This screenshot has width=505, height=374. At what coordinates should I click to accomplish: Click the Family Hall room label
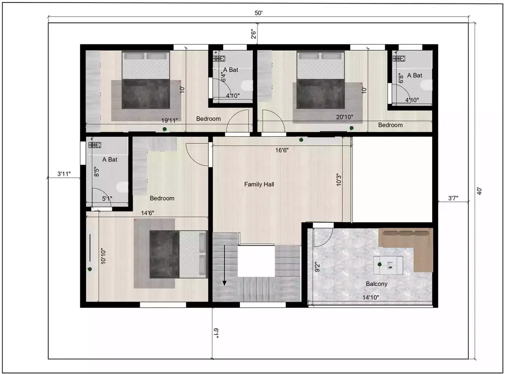tap(259, 185)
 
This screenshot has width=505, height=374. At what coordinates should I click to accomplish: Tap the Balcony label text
tap(376, 284)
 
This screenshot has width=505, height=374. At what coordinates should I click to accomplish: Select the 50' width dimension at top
tap(259, 13)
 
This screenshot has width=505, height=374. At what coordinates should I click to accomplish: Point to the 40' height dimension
tap(479, 191)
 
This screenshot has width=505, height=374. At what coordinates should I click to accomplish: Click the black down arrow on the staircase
tap(223, 276)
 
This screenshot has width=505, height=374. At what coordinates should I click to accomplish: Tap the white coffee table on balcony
tap(389, 263)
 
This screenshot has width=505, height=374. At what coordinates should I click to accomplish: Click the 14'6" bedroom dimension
tap(147, 214)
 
